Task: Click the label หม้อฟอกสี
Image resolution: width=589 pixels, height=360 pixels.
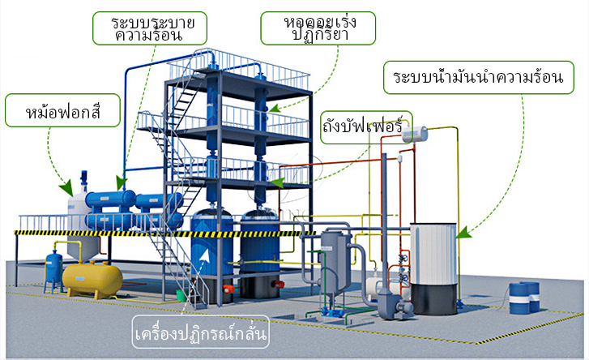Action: [x=62, y=112]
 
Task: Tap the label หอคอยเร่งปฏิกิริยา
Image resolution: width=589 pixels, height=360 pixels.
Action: [x=320, y=28]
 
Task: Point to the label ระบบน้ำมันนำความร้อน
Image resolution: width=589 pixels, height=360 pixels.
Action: [x=478, y=76]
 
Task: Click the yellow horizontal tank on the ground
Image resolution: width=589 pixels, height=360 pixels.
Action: [x=92, y=279]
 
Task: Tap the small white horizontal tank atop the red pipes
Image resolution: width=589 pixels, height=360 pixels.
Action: [x=415, y=134]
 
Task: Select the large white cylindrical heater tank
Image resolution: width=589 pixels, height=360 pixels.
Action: [x=433, y=254]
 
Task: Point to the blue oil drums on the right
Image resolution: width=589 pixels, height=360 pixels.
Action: [x=524, y=298]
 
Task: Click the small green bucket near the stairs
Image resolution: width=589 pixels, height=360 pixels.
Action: [x=181, y=295]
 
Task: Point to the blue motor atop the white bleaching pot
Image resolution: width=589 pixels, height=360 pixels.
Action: [x=83, y=178]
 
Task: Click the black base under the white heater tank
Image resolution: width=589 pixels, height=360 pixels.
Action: [x=434, y=299]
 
